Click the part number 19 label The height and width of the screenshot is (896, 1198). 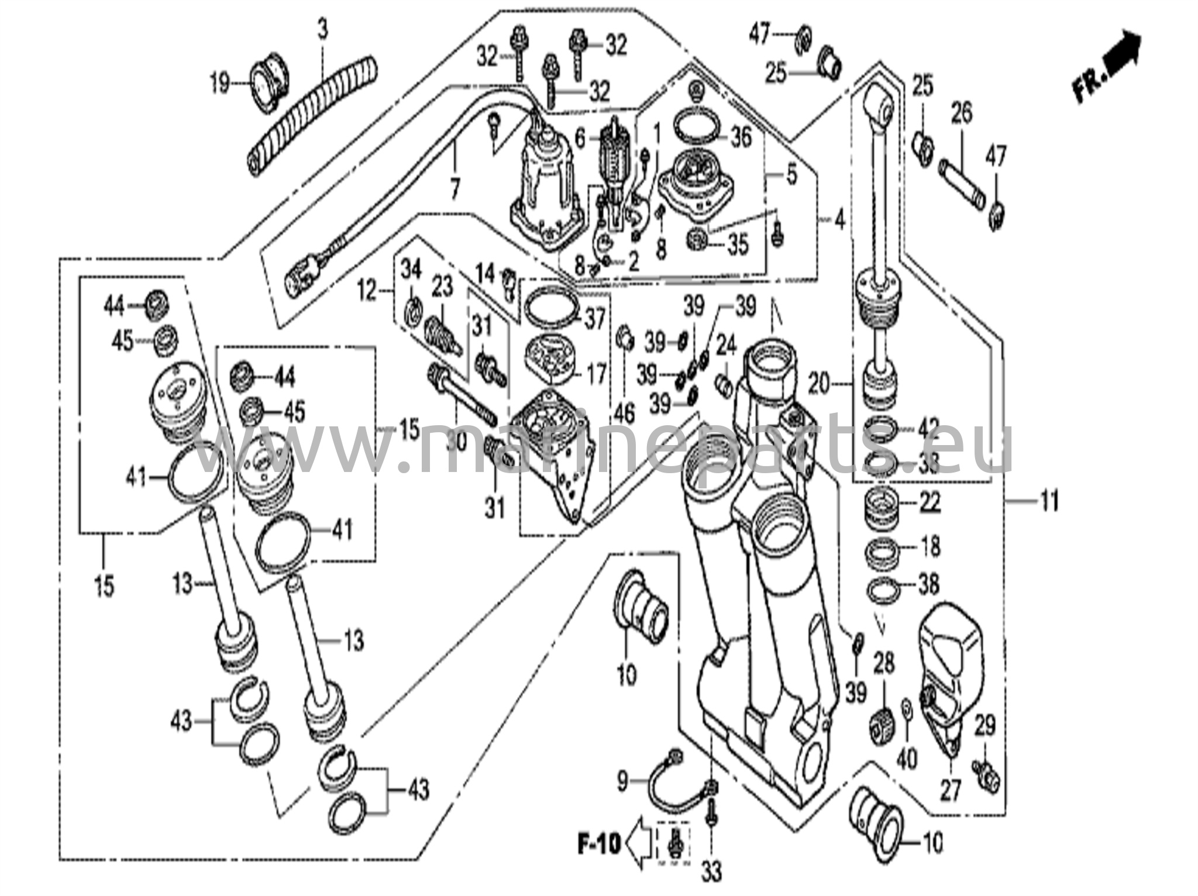(219, 84)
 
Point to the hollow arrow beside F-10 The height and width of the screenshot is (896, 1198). (640, 843)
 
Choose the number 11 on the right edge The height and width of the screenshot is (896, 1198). (1050, 501)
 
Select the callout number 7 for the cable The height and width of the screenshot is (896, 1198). (455, 188)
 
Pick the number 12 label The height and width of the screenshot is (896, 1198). (367, 290)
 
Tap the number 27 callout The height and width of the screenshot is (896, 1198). (950, 790)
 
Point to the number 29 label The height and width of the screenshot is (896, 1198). (985, 726)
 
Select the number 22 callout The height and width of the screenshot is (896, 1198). (930, 502)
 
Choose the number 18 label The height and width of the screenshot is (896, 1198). (930, 546)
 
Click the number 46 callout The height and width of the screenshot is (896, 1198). (624, 413)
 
